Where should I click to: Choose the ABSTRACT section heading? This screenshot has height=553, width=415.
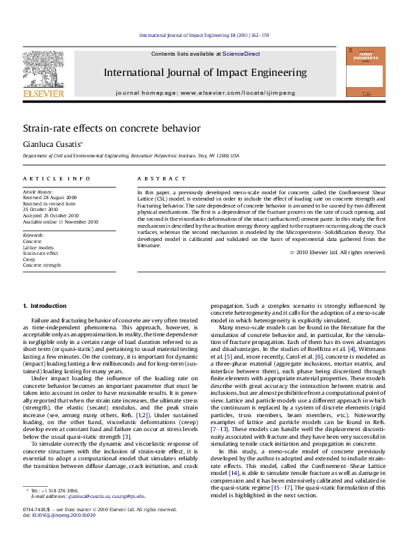(x=154, y=179)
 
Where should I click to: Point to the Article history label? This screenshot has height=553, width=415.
(x=38, y=191)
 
